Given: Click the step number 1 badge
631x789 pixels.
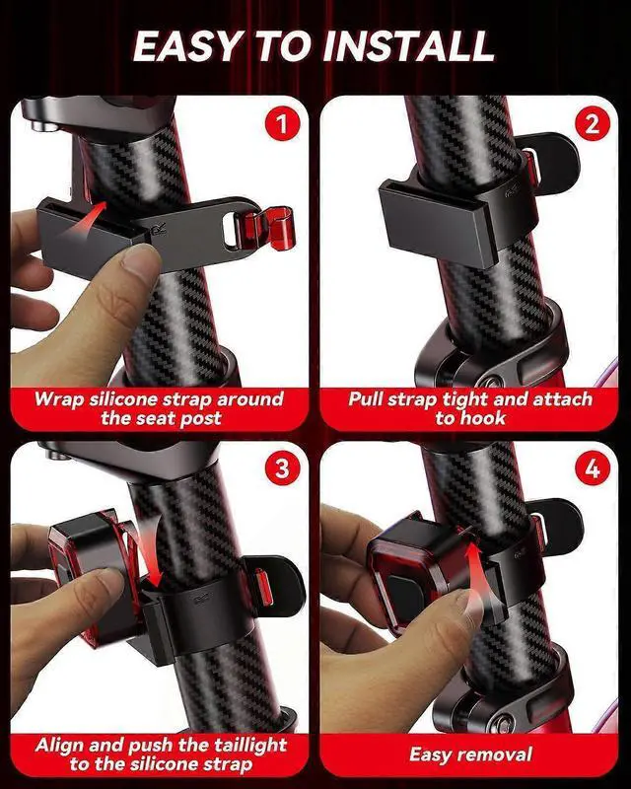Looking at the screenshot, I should pos(282,124).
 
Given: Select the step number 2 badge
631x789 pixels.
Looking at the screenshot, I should pos(592,124).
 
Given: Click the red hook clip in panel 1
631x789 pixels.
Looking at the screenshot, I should pos(275,228).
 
